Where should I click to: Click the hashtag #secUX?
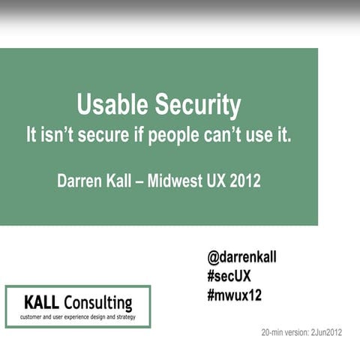point(229,276)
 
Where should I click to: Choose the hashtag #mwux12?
point(234,295)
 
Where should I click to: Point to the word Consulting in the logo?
point(98,304)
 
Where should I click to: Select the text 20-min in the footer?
point(272,332)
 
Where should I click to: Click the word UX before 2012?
point(214,181)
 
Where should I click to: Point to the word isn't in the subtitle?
point(58,137)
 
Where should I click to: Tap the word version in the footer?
point(295,332)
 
